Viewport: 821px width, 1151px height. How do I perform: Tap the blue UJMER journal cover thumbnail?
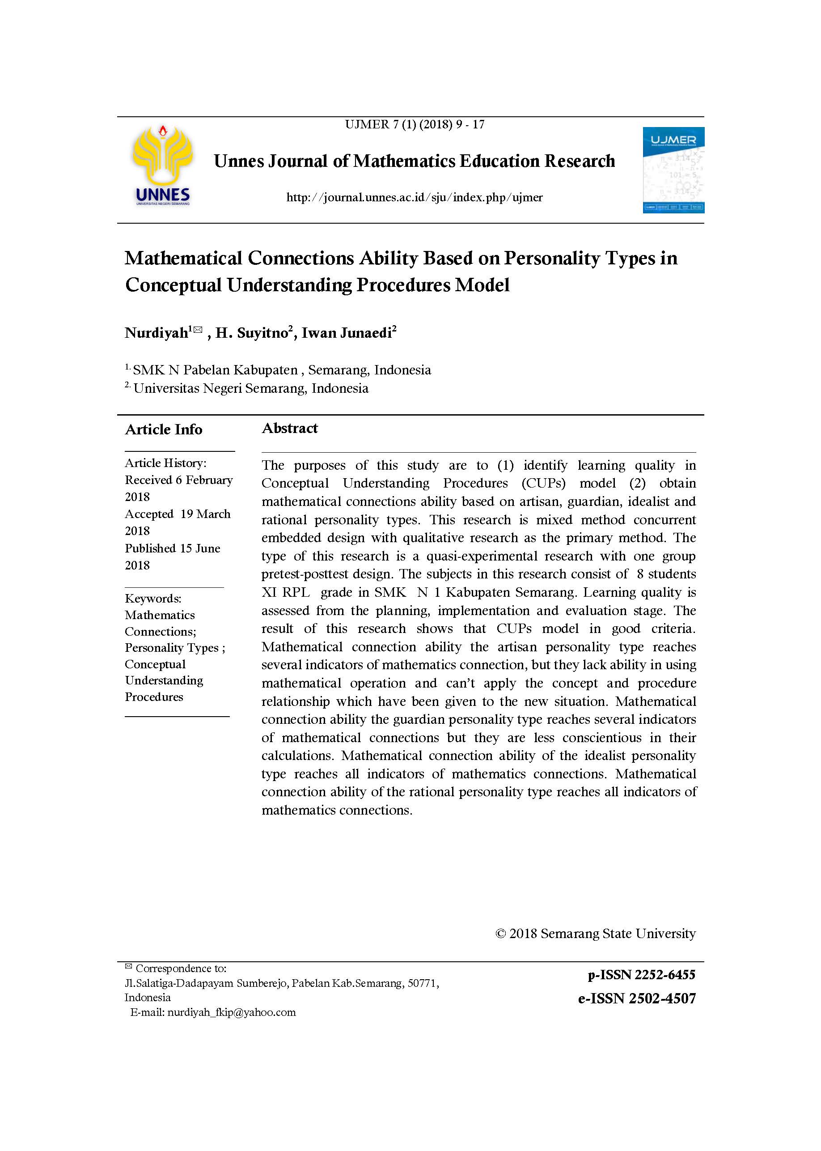pyautogui.click(x=673, y=170)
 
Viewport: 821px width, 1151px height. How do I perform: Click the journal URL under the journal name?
pyautogui.click(x=414, y=197)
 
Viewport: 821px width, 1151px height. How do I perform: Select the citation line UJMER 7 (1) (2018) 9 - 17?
pyautogui.click(x=415, y=124)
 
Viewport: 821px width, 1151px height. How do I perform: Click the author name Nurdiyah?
pyautogui.click(x=156, y=333)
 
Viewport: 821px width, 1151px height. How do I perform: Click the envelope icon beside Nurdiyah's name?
pyautogui.click(x=198, y=330)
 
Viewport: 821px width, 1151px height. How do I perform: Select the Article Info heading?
pyautogui.click(x=163, y=429)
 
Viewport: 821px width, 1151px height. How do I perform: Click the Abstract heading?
pyautogui.click(x=290, y=429)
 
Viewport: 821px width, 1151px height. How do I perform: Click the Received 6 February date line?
pyautogui.click(x=178, y=480)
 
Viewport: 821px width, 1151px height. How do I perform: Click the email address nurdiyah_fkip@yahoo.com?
pyautogui.click(x=232, y=1012)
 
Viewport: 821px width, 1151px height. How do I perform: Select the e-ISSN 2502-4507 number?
pyautogui.click(x=637, y=998)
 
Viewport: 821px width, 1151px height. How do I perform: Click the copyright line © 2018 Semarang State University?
pyautogui.click(x=596, y=933)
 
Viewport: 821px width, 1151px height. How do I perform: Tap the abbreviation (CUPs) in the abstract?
pyautogui.click(x=543, y=483)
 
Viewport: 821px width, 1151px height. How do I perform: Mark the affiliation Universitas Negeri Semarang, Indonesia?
pyautogui.click(x=251, y=388)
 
